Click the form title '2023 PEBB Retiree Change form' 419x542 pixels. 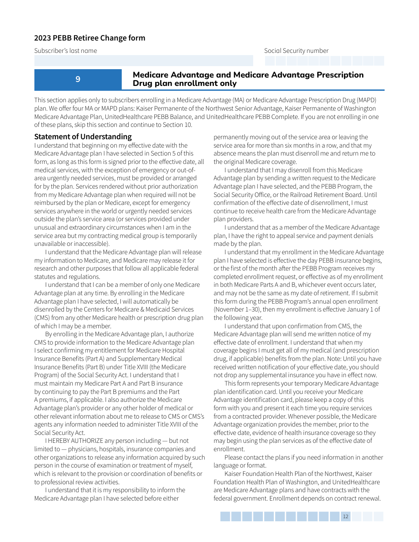(90, 38)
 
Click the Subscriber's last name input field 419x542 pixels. (144, 61)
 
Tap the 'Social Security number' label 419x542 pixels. (296, 51)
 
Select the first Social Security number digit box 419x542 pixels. (270, 61)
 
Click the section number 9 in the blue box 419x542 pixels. (78, 79)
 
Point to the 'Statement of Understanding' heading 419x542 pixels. (83, 137)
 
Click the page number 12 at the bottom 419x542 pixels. (345, 516)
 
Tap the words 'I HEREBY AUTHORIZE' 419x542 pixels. (74, 441)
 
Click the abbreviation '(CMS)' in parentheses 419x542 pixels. (43, 318)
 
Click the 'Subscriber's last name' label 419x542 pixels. (66, 51)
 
